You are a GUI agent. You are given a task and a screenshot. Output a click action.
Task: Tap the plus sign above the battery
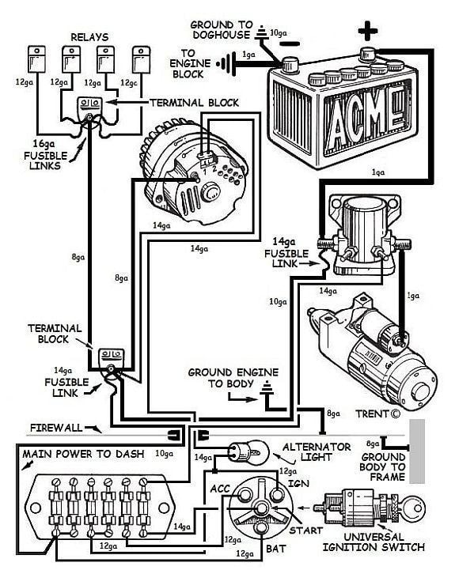point(366,34)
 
